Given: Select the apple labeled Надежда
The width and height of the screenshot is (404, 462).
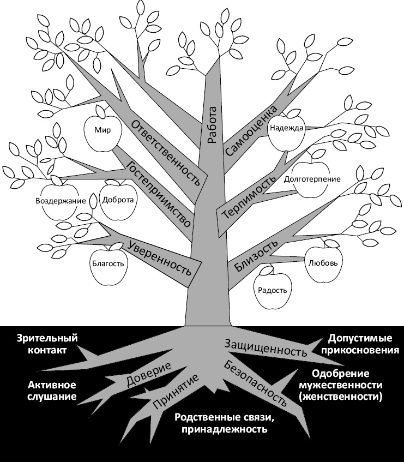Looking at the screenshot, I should (x=286, y=130).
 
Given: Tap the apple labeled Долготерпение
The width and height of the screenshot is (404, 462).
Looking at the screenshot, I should (x=312, y=179).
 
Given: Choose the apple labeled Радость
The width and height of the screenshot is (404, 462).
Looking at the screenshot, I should (x=272, y=290).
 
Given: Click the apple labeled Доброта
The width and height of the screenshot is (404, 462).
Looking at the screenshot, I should (x=117, y=200).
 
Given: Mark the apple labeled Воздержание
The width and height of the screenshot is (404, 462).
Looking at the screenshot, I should (x=61, y=201).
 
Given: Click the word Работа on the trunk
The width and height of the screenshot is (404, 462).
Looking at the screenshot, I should (x=212, y=125).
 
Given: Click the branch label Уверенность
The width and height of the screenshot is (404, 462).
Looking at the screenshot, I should (x=160, y=256).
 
